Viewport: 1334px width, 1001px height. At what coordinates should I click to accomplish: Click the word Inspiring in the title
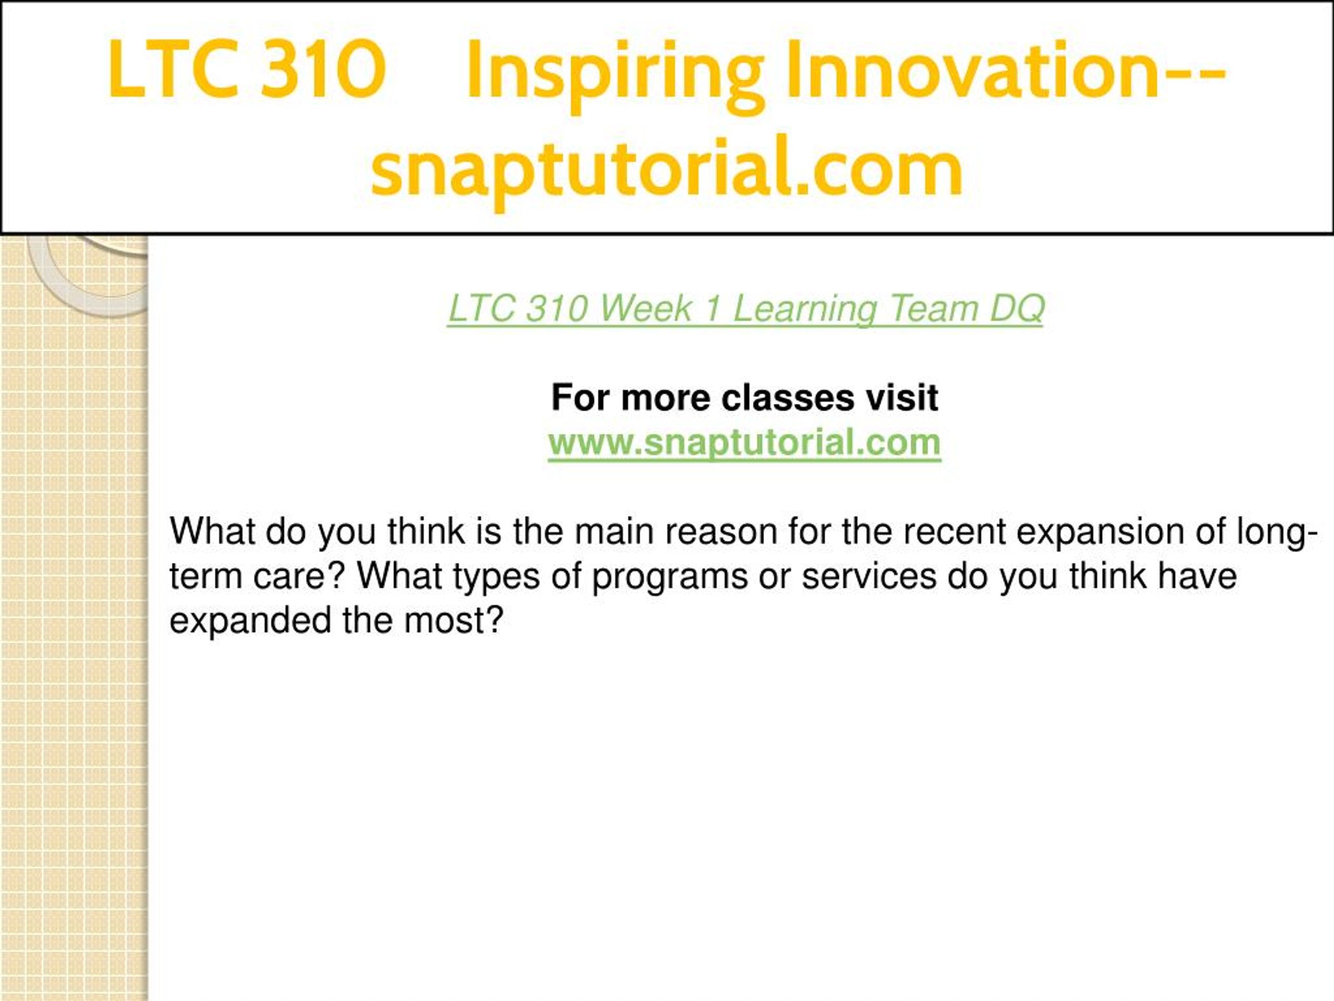(615, 74)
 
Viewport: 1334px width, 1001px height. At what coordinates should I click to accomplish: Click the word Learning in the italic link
(805, 310)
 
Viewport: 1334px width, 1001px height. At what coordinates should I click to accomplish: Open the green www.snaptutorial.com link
(744, 444)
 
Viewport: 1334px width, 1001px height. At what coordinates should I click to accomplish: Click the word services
(869, 577)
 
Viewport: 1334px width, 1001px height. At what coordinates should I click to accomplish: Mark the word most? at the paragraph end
(453, 621)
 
